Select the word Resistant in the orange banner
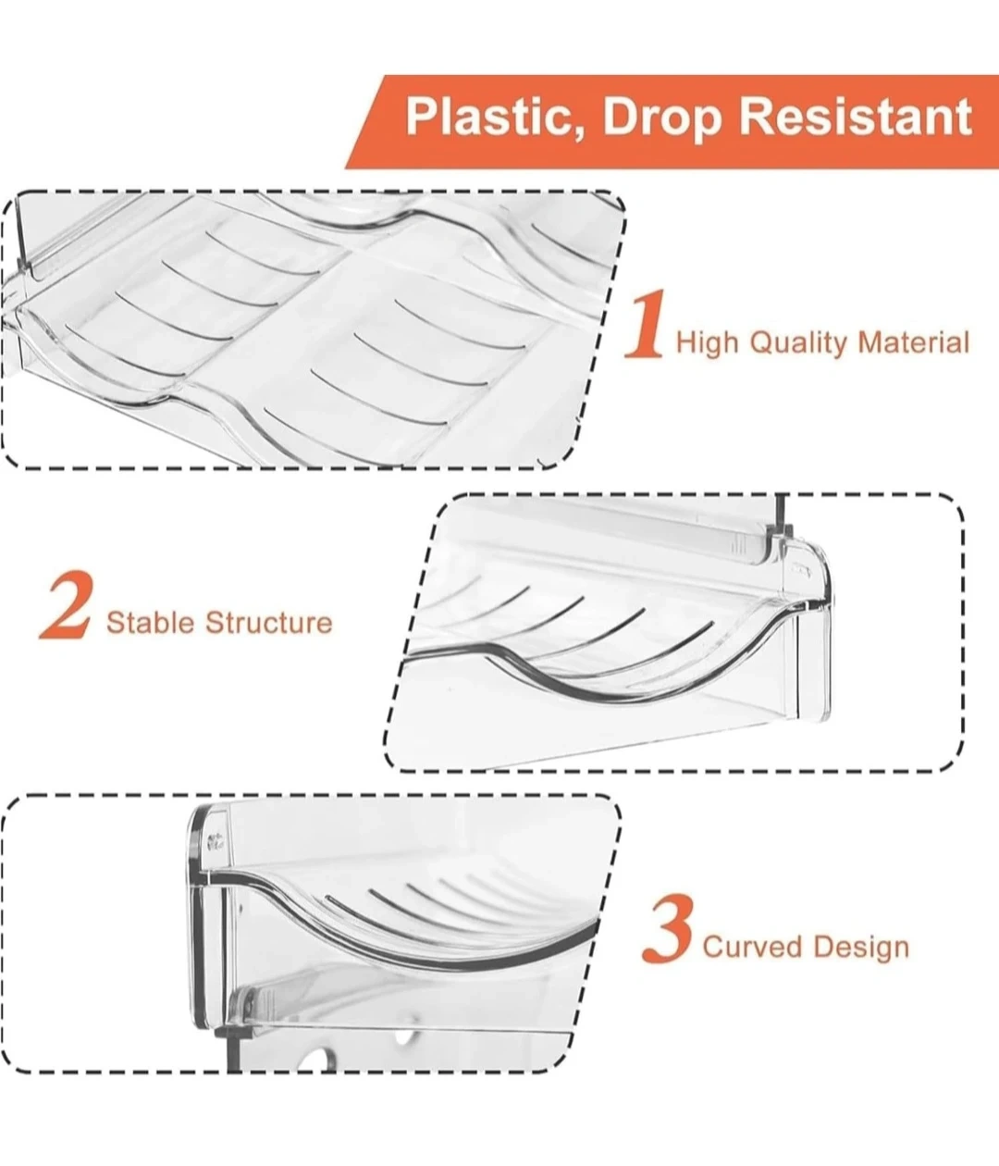pos(856,117)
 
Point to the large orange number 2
pos(65,603)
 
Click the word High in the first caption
pos(707,343)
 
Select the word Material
pos(913,341)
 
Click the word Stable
pos(150,623)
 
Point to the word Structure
pos(268,623)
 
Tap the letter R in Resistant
pos(755,117)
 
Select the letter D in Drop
pos(619,117)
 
